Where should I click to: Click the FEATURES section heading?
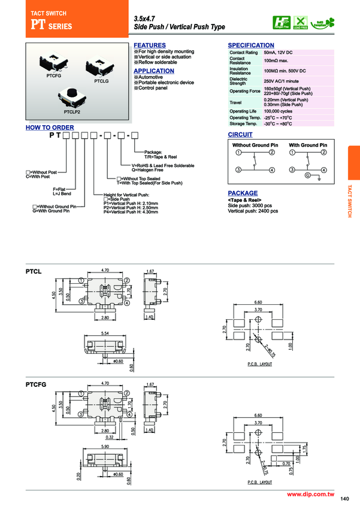point(149,46)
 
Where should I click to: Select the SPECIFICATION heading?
point(251,46)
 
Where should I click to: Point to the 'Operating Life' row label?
point(243,111)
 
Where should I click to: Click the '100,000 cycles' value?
point(278,111)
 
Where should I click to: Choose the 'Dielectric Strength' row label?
point(238,81)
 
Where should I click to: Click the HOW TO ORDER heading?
point(50,128)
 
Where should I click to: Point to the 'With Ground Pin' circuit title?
point(308,145)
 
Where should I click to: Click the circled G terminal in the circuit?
point(308,176)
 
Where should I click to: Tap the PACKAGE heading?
point(243,193)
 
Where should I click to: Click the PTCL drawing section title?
point(34,271)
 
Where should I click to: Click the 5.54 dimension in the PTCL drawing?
point(105,333)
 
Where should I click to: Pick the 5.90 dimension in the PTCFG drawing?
point(105,446)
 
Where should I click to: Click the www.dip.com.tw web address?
point(310,494)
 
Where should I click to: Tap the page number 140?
point(344,499)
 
